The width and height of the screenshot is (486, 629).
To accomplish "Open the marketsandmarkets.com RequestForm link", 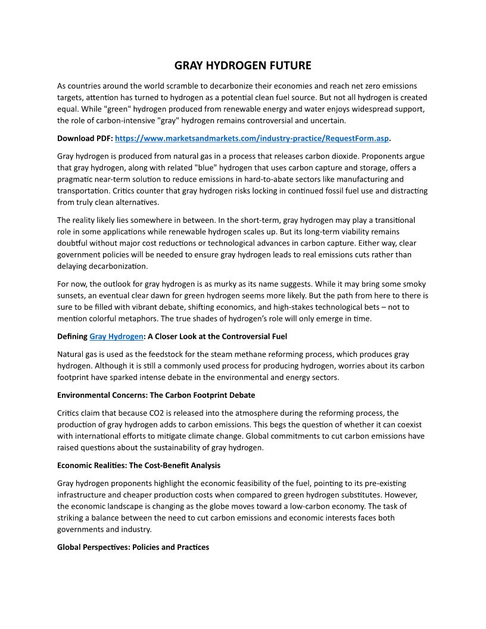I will coord(251,138).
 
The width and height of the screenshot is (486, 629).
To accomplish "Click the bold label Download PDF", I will coord(85,138).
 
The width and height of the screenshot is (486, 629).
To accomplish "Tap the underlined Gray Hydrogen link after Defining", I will coord(116,336).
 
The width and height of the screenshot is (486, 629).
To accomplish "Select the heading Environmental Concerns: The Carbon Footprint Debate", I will coord(156,395).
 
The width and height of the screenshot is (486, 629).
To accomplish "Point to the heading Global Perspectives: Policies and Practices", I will coord(133,547).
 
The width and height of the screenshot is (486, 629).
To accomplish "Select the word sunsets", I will coord(72,295).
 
